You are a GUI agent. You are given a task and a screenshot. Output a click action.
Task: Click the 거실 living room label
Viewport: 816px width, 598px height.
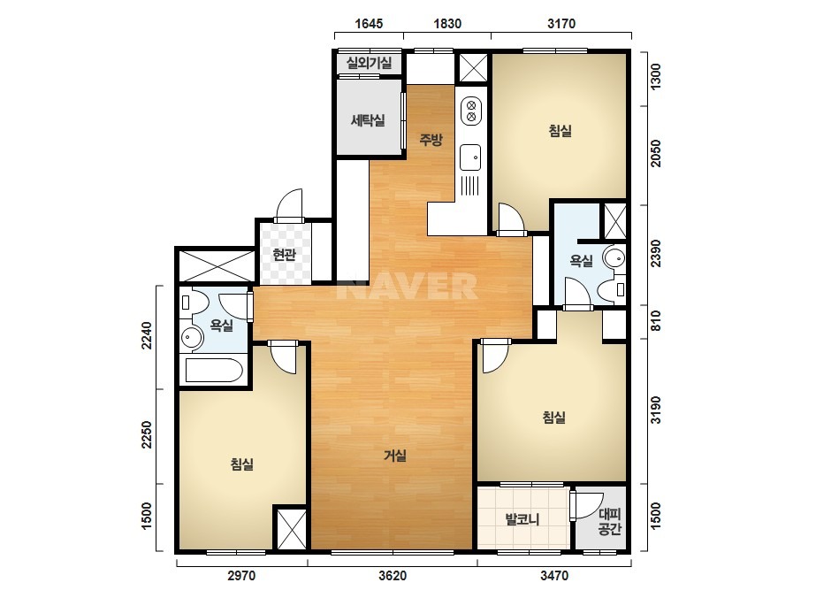click(x=395, y=456)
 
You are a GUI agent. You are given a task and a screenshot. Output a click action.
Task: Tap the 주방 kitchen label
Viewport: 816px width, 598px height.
click(x=431, y=139)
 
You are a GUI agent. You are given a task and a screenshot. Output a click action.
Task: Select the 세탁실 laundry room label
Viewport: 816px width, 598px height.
click(x=368, y=120)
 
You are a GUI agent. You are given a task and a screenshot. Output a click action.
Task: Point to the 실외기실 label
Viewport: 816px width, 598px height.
click(x=369, y=63)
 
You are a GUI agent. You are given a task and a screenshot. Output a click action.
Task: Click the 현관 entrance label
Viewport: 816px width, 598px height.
click(x=284, y=255)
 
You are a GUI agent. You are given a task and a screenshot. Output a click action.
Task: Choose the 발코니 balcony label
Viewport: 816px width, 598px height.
click(x=522, y=518)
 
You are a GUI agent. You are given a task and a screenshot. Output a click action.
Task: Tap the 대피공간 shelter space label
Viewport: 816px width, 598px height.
click(x=610, y=522)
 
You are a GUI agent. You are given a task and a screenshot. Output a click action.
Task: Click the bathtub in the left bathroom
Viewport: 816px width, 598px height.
click(x=214, y=371)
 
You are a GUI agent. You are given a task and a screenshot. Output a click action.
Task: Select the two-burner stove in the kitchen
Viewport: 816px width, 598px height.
click(x=471, y=111)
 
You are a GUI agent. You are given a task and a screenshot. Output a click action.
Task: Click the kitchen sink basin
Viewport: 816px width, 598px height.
click(x=470, y=157)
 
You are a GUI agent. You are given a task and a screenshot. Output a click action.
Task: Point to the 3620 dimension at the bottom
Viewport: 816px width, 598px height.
click(x=393, y=576)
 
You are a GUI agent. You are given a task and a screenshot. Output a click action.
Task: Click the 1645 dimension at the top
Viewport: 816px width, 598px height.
click(x=369, y=23)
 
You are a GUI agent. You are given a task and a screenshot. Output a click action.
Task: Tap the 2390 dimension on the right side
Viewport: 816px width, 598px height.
click(x=656, y=253)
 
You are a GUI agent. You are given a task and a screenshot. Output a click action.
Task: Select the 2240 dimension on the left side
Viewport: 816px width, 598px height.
click(x=147, y=335)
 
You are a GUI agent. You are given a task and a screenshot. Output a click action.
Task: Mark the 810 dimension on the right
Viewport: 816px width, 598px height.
click(x=656, y=320)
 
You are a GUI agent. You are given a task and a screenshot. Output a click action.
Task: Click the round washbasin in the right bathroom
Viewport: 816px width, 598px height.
click(x=615, y=257)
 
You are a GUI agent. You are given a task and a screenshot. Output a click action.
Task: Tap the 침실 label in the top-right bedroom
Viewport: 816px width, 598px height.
click(x=560, y=130)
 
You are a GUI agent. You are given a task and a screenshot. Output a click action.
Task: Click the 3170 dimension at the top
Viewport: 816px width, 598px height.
click(x=561, y=23)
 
